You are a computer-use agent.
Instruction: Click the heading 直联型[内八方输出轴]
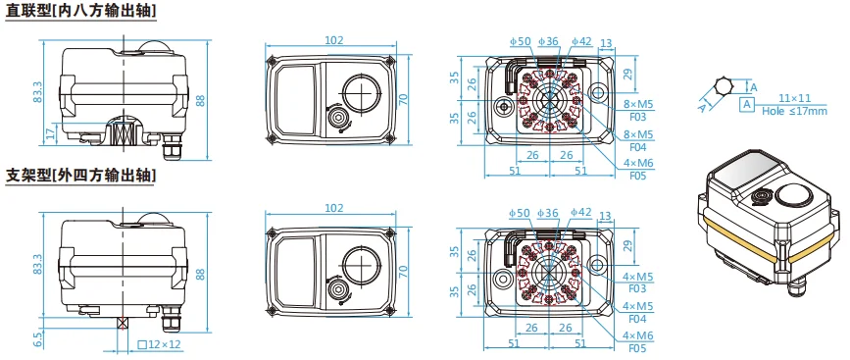80,11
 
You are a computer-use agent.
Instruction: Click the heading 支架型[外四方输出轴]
80,176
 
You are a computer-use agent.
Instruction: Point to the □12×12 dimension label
159,344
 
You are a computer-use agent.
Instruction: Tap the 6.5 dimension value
37,338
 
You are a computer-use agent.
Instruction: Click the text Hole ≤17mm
794,111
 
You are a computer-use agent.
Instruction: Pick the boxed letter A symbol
747,104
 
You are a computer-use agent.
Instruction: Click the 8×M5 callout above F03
638,104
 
